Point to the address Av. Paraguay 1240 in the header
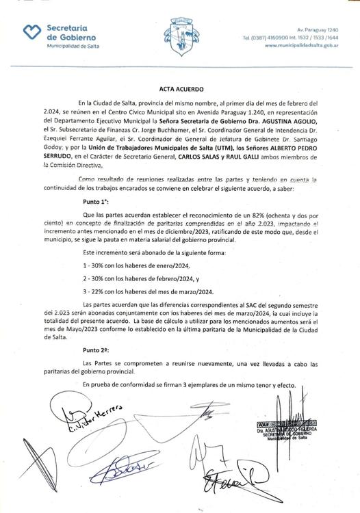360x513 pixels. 320,29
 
